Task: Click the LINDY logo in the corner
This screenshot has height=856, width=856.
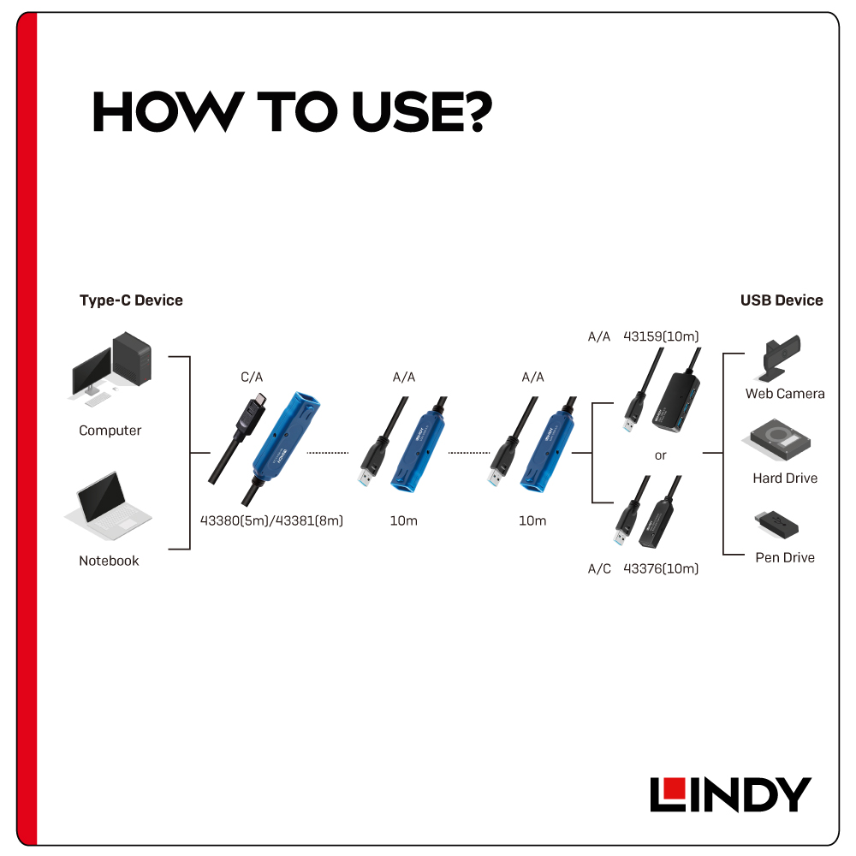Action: pyautogui.click(x=730, y=794)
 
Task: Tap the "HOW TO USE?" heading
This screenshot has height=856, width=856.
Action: pyautogui.click(x=293, y=112)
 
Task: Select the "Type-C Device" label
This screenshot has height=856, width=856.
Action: pyautogui.click(x=131, y=300)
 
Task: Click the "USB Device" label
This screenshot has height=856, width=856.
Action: pyautogui.click(x=782, y=300)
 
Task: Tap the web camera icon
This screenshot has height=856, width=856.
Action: pyautogui.click(x=779, y=358)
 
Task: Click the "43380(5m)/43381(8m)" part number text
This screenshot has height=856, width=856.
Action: pyautogui.click(x=271, y=520)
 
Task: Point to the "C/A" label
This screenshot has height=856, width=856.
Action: pyautogui.click(x=252, y=377)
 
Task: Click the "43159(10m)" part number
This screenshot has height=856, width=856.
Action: pyautogui.click(x=661, y=336)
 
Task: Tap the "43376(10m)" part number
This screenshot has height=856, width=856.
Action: pyautogui.click(x=661, y=569)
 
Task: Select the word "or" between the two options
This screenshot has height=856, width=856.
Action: pyautogui.click(x=661, y=455)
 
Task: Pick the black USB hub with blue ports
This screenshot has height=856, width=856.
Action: pyautogui.click(x=676, y=401)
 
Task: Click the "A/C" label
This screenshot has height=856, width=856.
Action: pyautogui.click(x=599, y=569)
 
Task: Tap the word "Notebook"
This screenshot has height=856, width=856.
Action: pyautogui.click(x=109, y=561)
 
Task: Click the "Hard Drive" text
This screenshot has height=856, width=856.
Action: pyautogui.click(x=785, y=479)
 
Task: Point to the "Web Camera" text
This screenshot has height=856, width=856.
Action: pyautogui.click(x=785, y=394)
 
